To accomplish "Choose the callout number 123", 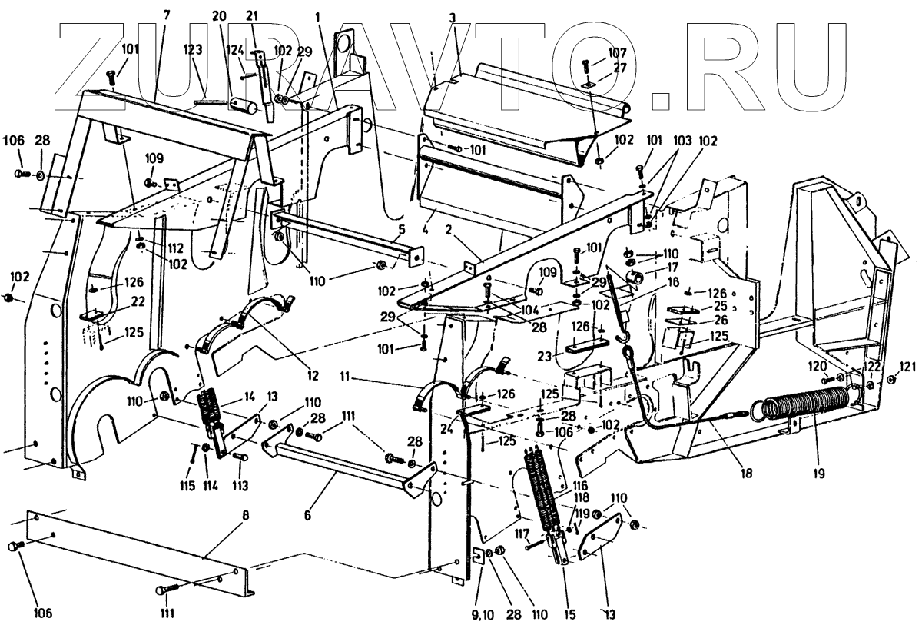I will [x=192, y=49].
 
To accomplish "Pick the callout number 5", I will [x=402, y=229].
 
